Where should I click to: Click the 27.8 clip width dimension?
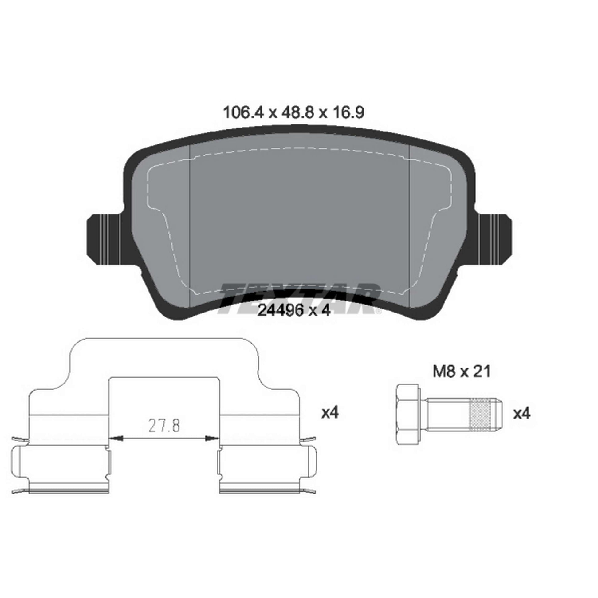[164, 426]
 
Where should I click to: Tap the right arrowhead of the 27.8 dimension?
[212, 438]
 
